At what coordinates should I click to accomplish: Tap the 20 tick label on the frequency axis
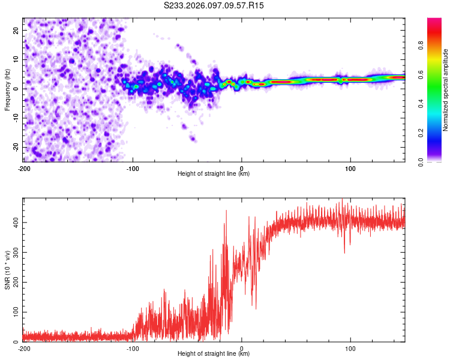pos(16,30)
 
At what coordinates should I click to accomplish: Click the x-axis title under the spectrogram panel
pos(214,173)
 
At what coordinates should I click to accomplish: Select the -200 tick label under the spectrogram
pos(24,167)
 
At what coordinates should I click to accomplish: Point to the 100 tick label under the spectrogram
pos(350,167)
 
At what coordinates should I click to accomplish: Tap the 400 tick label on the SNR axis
pos(14,223)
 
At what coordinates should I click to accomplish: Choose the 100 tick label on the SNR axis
pos(14,312)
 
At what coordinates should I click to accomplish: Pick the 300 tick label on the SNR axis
pos(14,253)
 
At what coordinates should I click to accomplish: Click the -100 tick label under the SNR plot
pos(133,348)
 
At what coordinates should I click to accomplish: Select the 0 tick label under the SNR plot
pos(242,348)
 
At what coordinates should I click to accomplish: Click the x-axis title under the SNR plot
pos(214,354)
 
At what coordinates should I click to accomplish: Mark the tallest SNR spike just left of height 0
pos(226,211)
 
